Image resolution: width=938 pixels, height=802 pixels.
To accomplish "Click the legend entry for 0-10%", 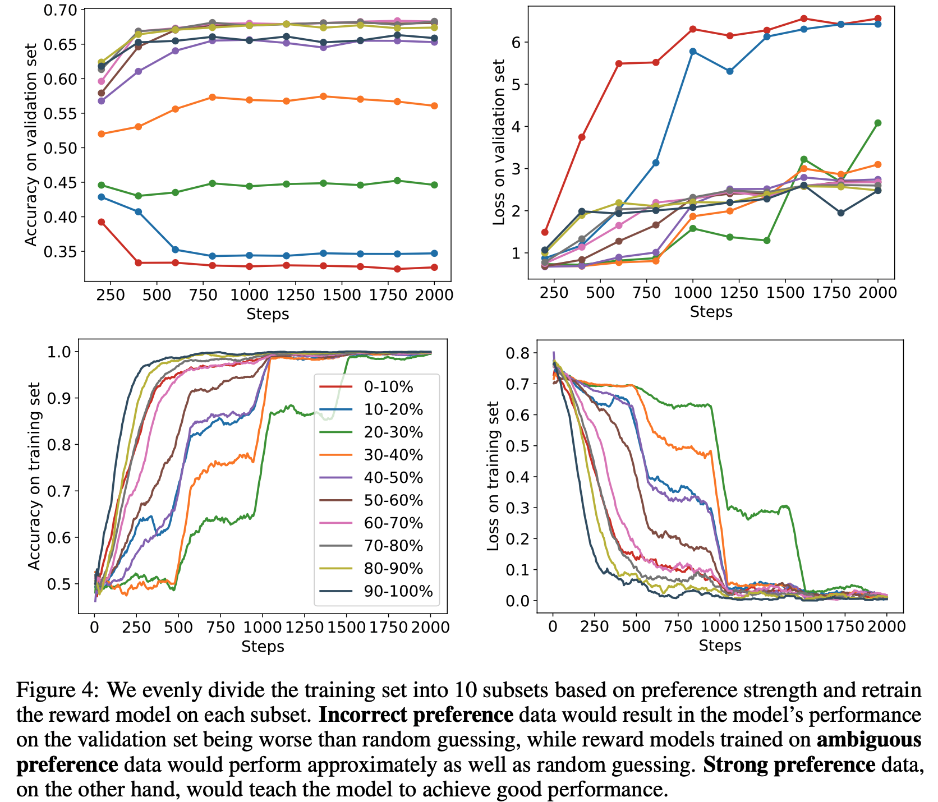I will [x=388, y=387].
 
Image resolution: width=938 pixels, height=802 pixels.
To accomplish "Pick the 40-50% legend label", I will [x=393, y=478].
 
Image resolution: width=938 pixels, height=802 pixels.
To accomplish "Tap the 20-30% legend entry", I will [x=393, y=432].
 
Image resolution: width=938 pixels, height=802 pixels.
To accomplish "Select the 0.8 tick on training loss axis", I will [x=517, y=353].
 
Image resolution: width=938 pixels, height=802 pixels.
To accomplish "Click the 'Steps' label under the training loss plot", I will [x=720, y=646].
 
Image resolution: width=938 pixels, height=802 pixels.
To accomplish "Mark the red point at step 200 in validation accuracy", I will [x=102, y=222].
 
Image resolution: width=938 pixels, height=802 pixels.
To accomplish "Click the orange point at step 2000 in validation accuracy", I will [x=434, y=106].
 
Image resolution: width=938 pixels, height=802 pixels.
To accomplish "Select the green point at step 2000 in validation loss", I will [x=877, y=123].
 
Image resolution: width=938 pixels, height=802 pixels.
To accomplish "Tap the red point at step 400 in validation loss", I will [x=582, y=137].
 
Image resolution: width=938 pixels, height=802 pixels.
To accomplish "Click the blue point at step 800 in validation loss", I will [x=656, y=163].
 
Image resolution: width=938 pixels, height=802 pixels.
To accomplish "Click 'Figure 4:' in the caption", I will [x=58, y=690].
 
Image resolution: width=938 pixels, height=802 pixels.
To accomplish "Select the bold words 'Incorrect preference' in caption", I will [x=416, y=715].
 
